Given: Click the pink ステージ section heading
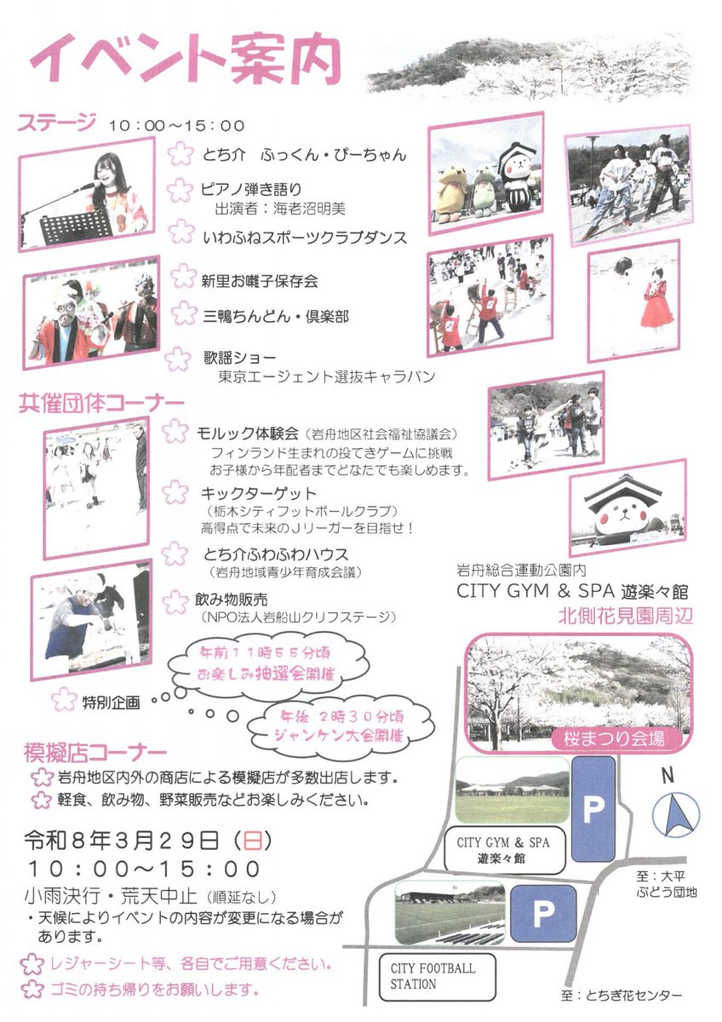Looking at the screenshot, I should [57, 124].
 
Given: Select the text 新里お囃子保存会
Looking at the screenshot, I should [260, 280].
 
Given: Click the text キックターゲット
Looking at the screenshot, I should [258, 493].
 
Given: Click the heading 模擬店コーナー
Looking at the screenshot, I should [96, 753].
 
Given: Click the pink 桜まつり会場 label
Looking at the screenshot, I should [619, 738].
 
